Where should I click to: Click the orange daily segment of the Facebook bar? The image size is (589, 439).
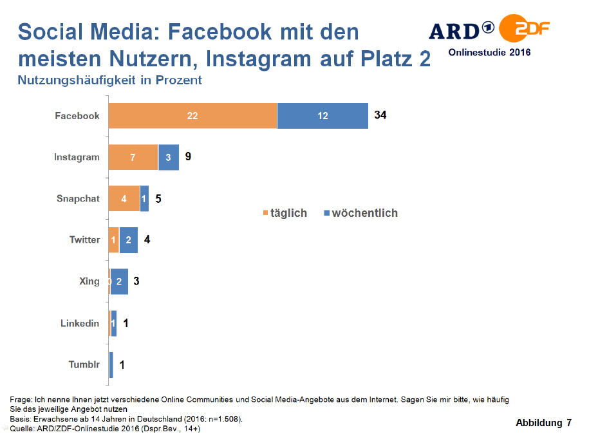(x=192, y=116)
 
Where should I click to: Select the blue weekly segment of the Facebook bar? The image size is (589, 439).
(x=323, y=116)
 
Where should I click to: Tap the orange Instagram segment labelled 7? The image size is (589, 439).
(x=133, y=157)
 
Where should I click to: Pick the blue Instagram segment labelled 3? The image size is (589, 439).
(x=169, y=157)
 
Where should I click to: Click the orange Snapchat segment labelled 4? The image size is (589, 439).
(x=124, y=198)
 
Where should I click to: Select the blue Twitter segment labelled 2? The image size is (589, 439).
(x=129, y=240)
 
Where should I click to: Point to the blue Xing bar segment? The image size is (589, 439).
(x=119, y=281)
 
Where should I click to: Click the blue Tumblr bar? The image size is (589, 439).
(x=111, y=365)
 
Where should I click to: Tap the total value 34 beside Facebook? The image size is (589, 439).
(x=380, y=115)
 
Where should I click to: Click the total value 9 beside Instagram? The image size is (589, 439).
(x=188, y=156)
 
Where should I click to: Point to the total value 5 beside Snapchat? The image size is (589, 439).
(x=158, y=198)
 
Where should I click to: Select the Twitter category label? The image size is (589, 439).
(x=84, y=240)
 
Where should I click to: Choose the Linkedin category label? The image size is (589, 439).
(x=80, y=323)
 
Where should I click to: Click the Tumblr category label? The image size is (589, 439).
(x=84, y=365)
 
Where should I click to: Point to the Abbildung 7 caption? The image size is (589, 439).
(x=543, y=423)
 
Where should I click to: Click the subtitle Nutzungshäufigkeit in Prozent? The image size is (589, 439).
(x=110, y=80)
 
